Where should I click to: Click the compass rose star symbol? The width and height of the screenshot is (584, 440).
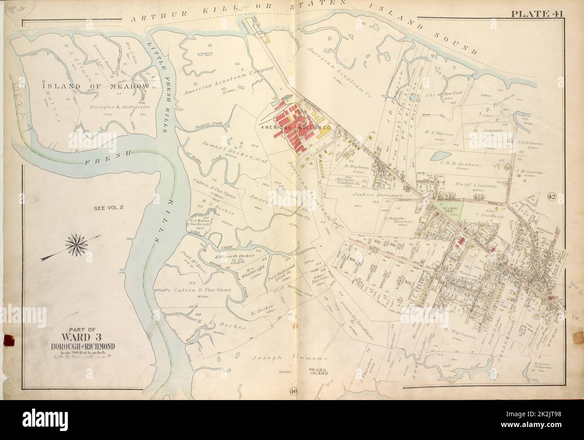point(79,244)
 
